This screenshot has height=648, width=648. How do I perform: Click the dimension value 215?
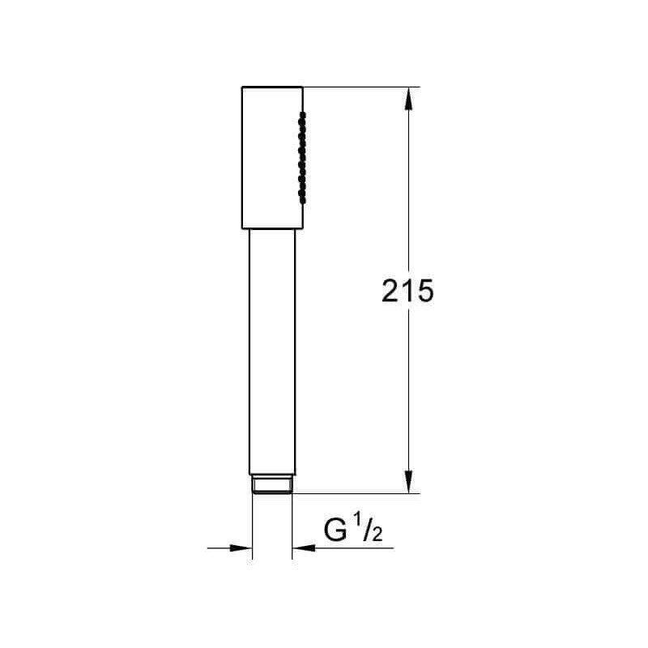(407, 291)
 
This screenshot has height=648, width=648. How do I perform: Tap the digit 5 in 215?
(425, 291)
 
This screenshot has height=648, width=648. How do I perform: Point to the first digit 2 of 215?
(390, 291)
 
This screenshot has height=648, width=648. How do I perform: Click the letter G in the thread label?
(335, 531)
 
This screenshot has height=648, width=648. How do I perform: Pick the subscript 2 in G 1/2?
(377, 535)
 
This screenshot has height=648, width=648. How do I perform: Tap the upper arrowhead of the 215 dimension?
(409, 98)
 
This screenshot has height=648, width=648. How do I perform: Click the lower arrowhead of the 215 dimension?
(409, 482)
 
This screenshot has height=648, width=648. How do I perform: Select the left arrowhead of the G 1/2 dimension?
(241, 548)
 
